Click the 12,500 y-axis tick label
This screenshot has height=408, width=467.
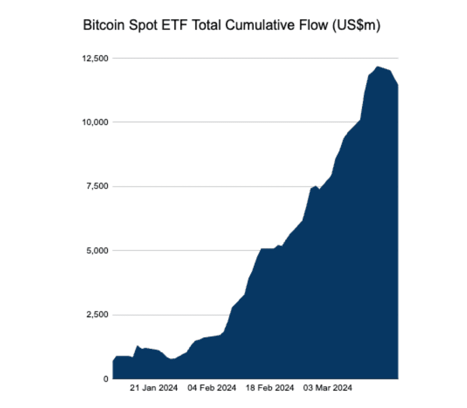[95, 58]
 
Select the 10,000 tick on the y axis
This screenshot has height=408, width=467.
[95, 122]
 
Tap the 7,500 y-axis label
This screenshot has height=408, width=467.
[97, 186]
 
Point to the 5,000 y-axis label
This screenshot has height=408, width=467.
[97, 250]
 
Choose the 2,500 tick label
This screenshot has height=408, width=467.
[97, 315]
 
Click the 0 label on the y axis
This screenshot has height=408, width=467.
[105, 379]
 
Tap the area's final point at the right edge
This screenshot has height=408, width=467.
[398, 85]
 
